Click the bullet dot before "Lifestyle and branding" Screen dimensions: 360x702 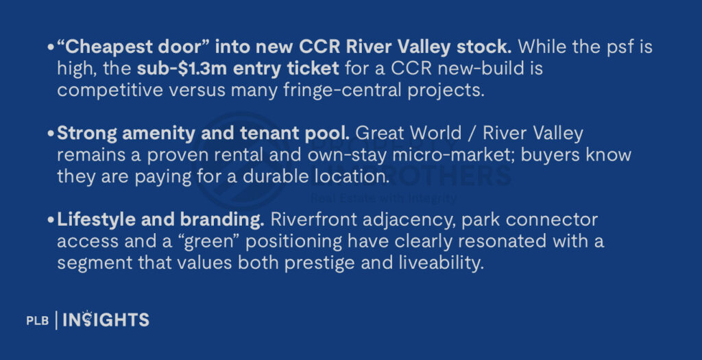[52, 221]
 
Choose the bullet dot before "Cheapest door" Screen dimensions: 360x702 [52, 48]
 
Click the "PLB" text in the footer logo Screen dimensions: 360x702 [37, 320]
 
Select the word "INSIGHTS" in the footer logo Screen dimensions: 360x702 [106, 320]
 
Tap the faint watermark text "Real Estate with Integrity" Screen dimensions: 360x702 [383, 199]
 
